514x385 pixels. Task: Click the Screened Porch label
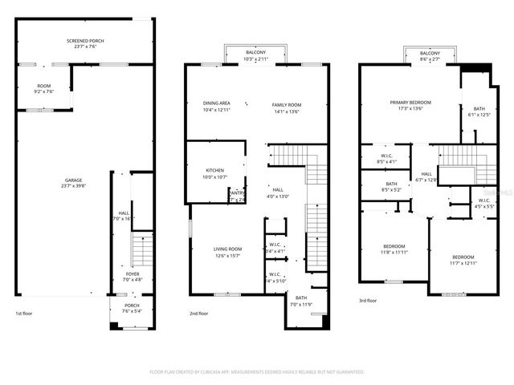point(85,43)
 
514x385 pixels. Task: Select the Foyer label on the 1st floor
point(131,277)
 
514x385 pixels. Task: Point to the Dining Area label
point(217,106)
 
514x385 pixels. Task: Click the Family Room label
point(286,107)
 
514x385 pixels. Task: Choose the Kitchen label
point(214,173)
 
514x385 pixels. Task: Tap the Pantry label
point(237,196)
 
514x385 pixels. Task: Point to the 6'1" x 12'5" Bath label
point(479,111)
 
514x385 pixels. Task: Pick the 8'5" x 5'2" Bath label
point(392,187)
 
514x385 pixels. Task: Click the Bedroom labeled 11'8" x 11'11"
point(394,249)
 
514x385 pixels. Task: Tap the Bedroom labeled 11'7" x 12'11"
point(463,260)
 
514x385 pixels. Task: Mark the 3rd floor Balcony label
point(430,55)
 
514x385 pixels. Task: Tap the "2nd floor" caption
point(199,314)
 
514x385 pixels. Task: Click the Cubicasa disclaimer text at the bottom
point(257,372)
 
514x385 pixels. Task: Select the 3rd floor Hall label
point(426,176)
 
